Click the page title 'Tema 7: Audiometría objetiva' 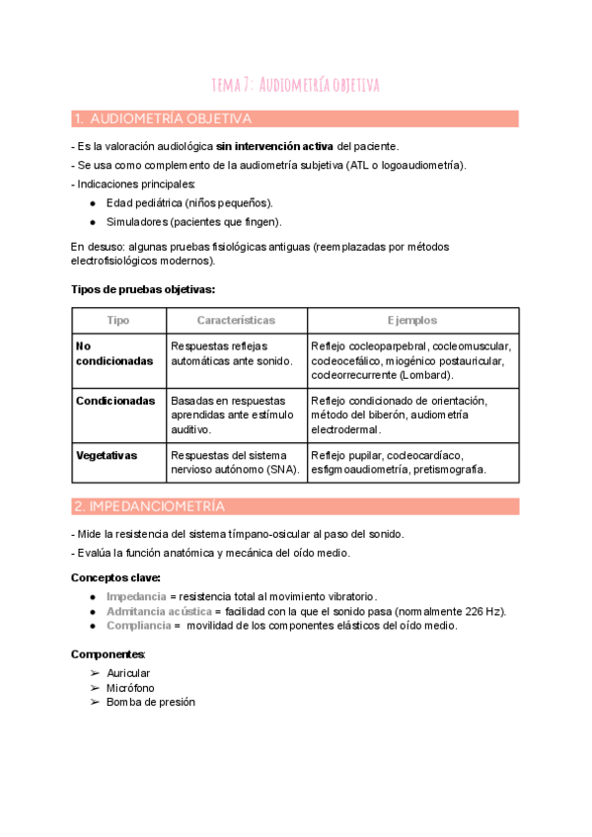tap(296, 85)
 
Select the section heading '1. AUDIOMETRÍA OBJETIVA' tap(163, 119)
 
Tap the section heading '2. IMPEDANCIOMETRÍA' tap(149, 506)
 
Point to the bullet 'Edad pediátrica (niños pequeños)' tap(189, 202)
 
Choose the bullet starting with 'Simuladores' tap(193, 221)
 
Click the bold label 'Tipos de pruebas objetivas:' tap(143, 289)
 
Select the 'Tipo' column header tap(118, 321)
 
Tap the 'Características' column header tap(236, 321)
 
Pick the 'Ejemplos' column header tap(412, 321)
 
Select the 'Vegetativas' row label tap(107, 455)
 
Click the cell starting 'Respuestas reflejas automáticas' tap(232, 353)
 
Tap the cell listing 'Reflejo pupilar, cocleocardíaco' tap(399, 462)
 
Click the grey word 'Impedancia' tap(136, 597)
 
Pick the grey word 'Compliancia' tap(138, 625)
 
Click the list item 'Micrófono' tap(130, 687)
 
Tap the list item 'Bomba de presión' tap(151, 702)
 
